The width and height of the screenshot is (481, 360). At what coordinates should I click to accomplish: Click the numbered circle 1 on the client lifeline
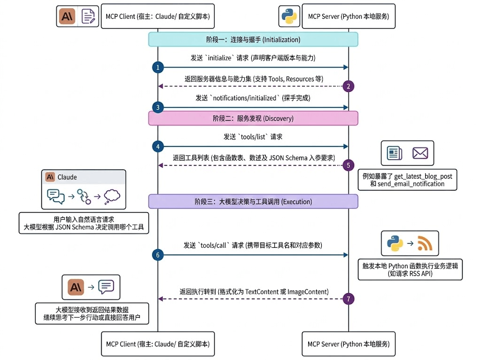point(158,68)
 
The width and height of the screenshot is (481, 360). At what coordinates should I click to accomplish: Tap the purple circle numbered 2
point(348,86)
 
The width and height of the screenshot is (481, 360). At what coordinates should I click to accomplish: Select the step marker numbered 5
point(348,165)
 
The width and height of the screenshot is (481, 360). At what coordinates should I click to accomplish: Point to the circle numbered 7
point(348,299)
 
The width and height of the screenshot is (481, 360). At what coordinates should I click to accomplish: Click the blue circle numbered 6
point(158,255)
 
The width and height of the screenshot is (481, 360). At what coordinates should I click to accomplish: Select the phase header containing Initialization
point(253,39)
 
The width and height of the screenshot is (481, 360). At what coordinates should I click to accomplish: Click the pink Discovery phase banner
point(253,118)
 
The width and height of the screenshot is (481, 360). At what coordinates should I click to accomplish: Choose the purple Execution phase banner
point(253,201)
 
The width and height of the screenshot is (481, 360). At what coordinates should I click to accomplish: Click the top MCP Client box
point(158,16)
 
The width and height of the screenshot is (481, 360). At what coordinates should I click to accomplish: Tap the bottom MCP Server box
point(348,344)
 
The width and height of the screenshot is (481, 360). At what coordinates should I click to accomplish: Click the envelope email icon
point(420,153)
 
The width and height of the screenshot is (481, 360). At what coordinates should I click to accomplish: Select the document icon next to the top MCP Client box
point(88,16)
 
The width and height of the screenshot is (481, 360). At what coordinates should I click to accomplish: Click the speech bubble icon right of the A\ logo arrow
point(106,287)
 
